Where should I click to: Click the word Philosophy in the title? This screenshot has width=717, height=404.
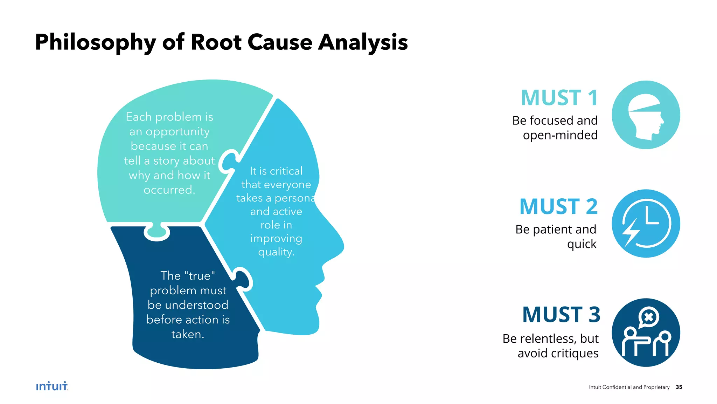pos(95,42)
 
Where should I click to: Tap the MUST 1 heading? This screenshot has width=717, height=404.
pos(559,98)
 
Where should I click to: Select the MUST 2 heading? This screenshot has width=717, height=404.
pos(558,207)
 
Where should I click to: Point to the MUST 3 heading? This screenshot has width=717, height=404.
pos(561,315)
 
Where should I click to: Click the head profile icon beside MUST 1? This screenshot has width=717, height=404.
pos(646,115)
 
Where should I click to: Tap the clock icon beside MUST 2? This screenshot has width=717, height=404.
pos(646,224)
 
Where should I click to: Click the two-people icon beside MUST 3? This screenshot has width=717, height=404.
pos(646,333)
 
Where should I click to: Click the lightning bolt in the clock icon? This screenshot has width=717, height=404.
pos(630,232)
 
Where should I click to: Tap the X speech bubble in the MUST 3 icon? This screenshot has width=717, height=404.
pos(649,317)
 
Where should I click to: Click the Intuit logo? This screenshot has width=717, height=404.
pos(52,386)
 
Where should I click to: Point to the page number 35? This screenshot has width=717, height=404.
pos(679,387)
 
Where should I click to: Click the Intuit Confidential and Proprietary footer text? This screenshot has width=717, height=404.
pos(629,387)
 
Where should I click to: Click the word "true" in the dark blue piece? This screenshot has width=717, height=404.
pos(200,276)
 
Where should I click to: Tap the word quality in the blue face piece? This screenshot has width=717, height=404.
pos(276,252)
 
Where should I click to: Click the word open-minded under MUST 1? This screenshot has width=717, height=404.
pos(560,135)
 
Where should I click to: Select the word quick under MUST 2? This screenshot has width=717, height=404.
pos(582,244)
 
